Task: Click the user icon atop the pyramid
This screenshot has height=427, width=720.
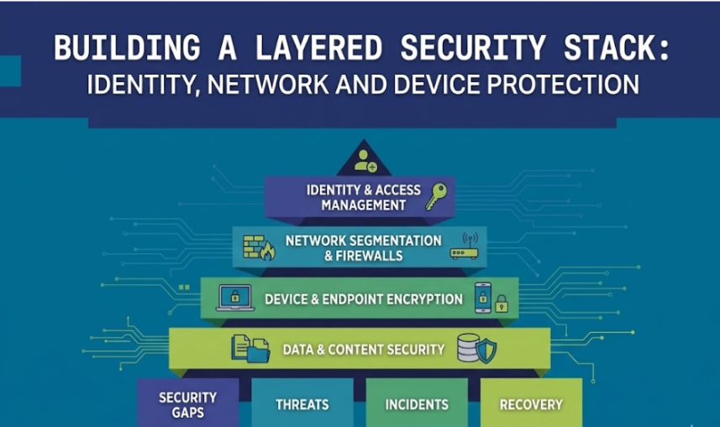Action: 365,159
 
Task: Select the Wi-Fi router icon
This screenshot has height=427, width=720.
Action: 465,246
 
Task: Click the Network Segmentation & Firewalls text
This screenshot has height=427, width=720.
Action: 363,247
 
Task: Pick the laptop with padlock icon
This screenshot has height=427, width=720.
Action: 235,298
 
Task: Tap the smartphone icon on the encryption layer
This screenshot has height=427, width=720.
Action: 482,297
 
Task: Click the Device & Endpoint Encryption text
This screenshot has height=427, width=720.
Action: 363,299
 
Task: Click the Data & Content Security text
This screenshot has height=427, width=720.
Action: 363,349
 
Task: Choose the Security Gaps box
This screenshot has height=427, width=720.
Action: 188,404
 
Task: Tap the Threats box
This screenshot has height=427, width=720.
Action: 302,404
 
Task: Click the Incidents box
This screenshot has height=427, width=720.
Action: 417,404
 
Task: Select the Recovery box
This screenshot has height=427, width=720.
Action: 531,404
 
